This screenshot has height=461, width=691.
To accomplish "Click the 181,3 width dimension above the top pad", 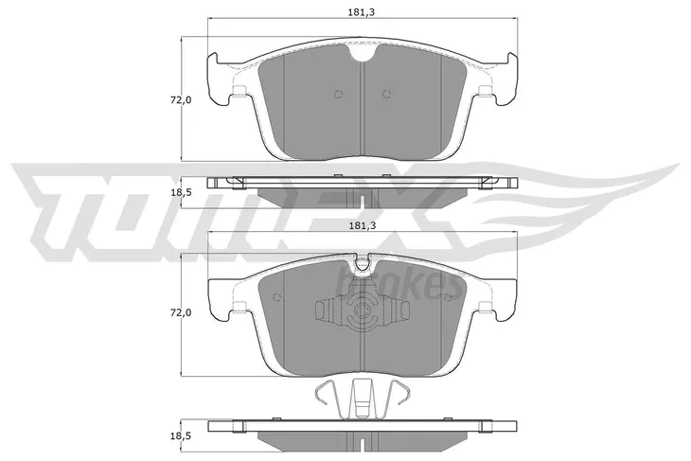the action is pyautogui.click(x=362, y=12).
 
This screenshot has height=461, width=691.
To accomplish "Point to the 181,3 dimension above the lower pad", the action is pyautogui.click(x=362, y=225).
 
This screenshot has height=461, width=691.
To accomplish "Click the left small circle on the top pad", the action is pyautogui.click(x=339, y=94).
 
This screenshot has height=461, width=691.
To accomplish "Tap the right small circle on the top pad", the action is pyautogui.click(x=386, y=94).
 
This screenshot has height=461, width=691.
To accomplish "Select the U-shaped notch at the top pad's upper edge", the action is pyautogui.click(x=362, y=52).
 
